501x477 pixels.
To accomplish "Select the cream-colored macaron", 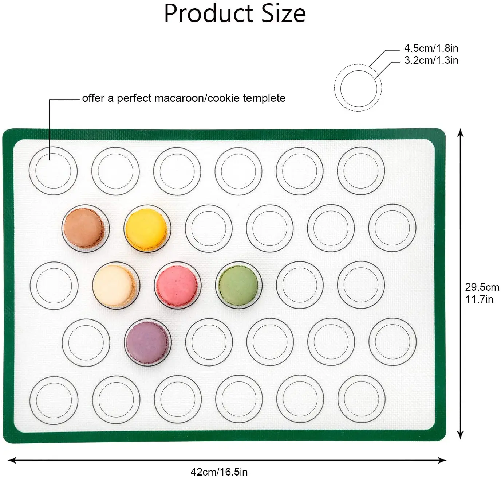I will click(113, 286).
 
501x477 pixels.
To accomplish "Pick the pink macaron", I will click(177, 286).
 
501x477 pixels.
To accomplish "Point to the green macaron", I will click(238, 285).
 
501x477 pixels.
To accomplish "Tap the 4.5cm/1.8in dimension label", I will click(431, 48).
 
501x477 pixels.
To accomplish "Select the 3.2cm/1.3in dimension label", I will click(431, 60).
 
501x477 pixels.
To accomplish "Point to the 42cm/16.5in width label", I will click(219, 472).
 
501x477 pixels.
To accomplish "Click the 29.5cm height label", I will click(482, 287).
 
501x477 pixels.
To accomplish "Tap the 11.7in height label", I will click(479, 299).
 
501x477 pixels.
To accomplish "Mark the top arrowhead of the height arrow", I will click(461, 132).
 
